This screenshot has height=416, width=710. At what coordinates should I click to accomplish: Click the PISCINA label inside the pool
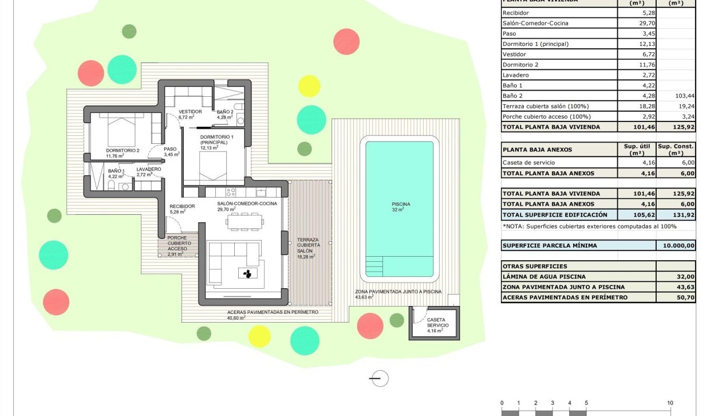401,203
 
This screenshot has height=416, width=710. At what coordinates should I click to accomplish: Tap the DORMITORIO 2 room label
123,151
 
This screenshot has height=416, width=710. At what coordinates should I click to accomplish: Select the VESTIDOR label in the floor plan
190,112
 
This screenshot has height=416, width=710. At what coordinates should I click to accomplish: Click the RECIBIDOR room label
182,206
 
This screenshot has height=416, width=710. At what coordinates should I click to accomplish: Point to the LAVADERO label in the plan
148,169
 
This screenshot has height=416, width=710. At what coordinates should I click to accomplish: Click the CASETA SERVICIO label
438,323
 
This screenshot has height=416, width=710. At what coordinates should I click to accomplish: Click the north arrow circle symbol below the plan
379,378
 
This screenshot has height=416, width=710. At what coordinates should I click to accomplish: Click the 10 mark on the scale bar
669,403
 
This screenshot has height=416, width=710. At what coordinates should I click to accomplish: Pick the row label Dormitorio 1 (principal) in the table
535,44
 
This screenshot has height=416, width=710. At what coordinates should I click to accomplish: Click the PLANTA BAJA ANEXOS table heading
537,150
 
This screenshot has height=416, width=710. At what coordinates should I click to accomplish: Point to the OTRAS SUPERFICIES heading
535,266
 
